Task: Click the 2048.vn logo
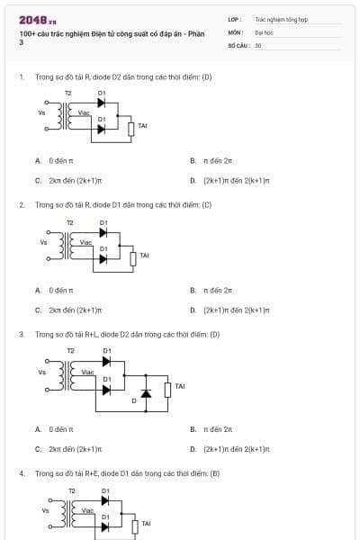pos(38,19)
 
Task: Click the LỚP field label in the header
pos(233,18)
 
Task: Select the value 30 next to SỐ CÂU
pos(258,44)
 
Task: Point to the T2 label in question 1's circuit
pos(68,93)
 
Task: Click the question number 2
pos(22,204)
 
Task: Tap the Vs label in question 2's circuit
pos(43,241)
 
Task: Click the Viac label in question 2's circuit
pos(86,242)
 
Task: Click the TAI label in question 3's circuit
pos(179,386)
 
